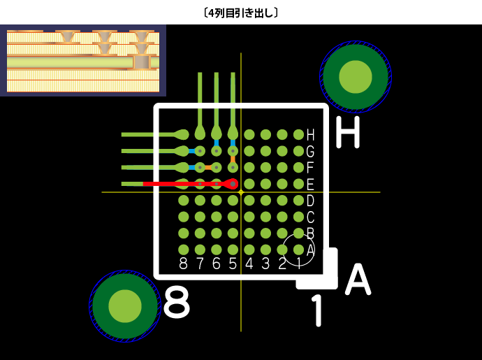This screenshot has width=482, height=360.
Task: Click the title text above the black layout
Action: pyautogui.click(x=241, y=13)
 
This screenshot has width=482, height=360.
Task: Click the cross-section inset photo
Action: pyautogui.click(x=83, y=61)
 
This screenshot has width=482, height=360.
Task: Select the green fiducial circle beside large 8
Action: pyautogui.click(x=125, y=305)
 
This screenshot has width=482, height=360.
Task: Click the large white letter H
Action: pyautogui.click(x=347, y=132)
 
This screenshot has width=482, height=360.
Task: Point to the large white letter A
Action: pyautogui.click(x=358, y=280)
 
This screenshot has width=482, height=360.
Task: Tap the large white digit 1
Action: pyautogui.click(x=318, y=310)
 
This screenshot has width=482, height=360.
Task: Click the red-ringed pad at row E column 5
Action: pyautogui.click(x=233, y=184)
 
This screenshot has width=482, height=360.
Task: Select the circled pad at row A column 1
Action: pyautogui.click(x=298, y=250)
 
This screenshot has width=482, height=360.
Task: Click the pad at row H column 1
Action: pyautogui.click(x=298, y=134)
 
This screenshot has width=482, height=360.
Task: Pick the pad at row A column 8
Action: pyautogui.click(x=184, y=250)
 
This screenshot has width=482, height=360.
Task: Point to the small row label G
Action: pyautogui.click(x=310, y=151)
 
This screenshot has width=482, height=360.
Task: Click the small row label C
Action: pyautogui.click(x=310, y=217)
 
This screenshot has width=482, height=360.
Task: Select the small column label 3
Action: pyautogui.click(x=265, y=264)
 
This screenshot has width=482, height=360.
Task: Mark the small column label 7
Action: pyautogui.click(x=200, y=264)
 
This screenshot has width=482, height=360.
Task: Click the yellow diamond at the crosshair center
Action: pyautogui.click(x=241, y=192)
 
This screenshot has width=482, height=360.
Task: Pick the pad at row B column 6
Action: pyautogui.click(x=217, y=233)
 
